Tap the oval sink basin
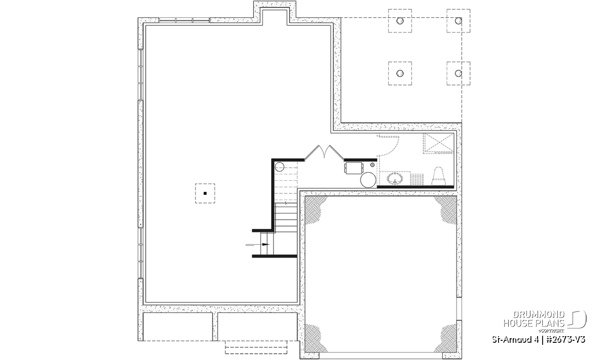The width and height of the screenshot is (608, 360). pyautogui.click(x=395, y=179)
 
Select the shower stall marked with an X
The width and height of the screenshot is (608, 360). pyautogui.click(x=438, y=143)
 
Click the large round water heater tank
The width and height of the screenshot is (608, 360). pyautogui.click(x=368, y=180)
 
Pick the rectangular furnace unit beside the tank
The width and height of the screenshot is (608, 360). pyautogui.click(x=354, y=168)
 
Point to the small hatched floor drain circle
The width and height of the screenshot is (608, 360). pyautogui.click(x=372, y=165)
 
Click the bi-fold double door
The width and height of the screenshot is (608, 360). pyautogui.click(x=324, y=152)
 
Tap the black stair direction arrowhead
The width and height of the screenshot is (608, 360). pyautogui.click(x=265, y=245)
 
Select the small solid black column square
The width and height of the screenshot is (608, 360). pyautogui.click(x=205, y=193)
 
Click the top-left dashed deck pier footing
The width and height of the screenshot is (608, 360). pyautogui.click(x=400, y=21)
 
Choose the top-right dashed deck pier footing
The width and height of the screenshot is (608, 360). pyautogui.click(x=459, y=21)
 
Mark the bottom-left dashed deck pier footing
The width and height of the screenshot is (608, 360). pyautogui.click(x=400, y=73)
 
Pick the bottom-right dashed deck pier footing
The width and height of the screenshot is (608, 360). pyautogui.click(x=459, y=73)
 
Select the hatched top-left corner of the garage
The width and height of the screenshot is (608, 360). pyautogui.click(x=315, y=209)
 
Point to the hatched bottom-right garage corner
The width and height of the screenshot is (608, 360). pyautogui.click(x=446, y=339)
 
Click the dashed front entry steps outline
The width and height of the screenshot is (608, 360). pyautogui.click(x=256, y=347)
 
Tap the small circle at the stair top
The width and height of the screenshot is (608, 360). pyautogui.click(x=280, y=167)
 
